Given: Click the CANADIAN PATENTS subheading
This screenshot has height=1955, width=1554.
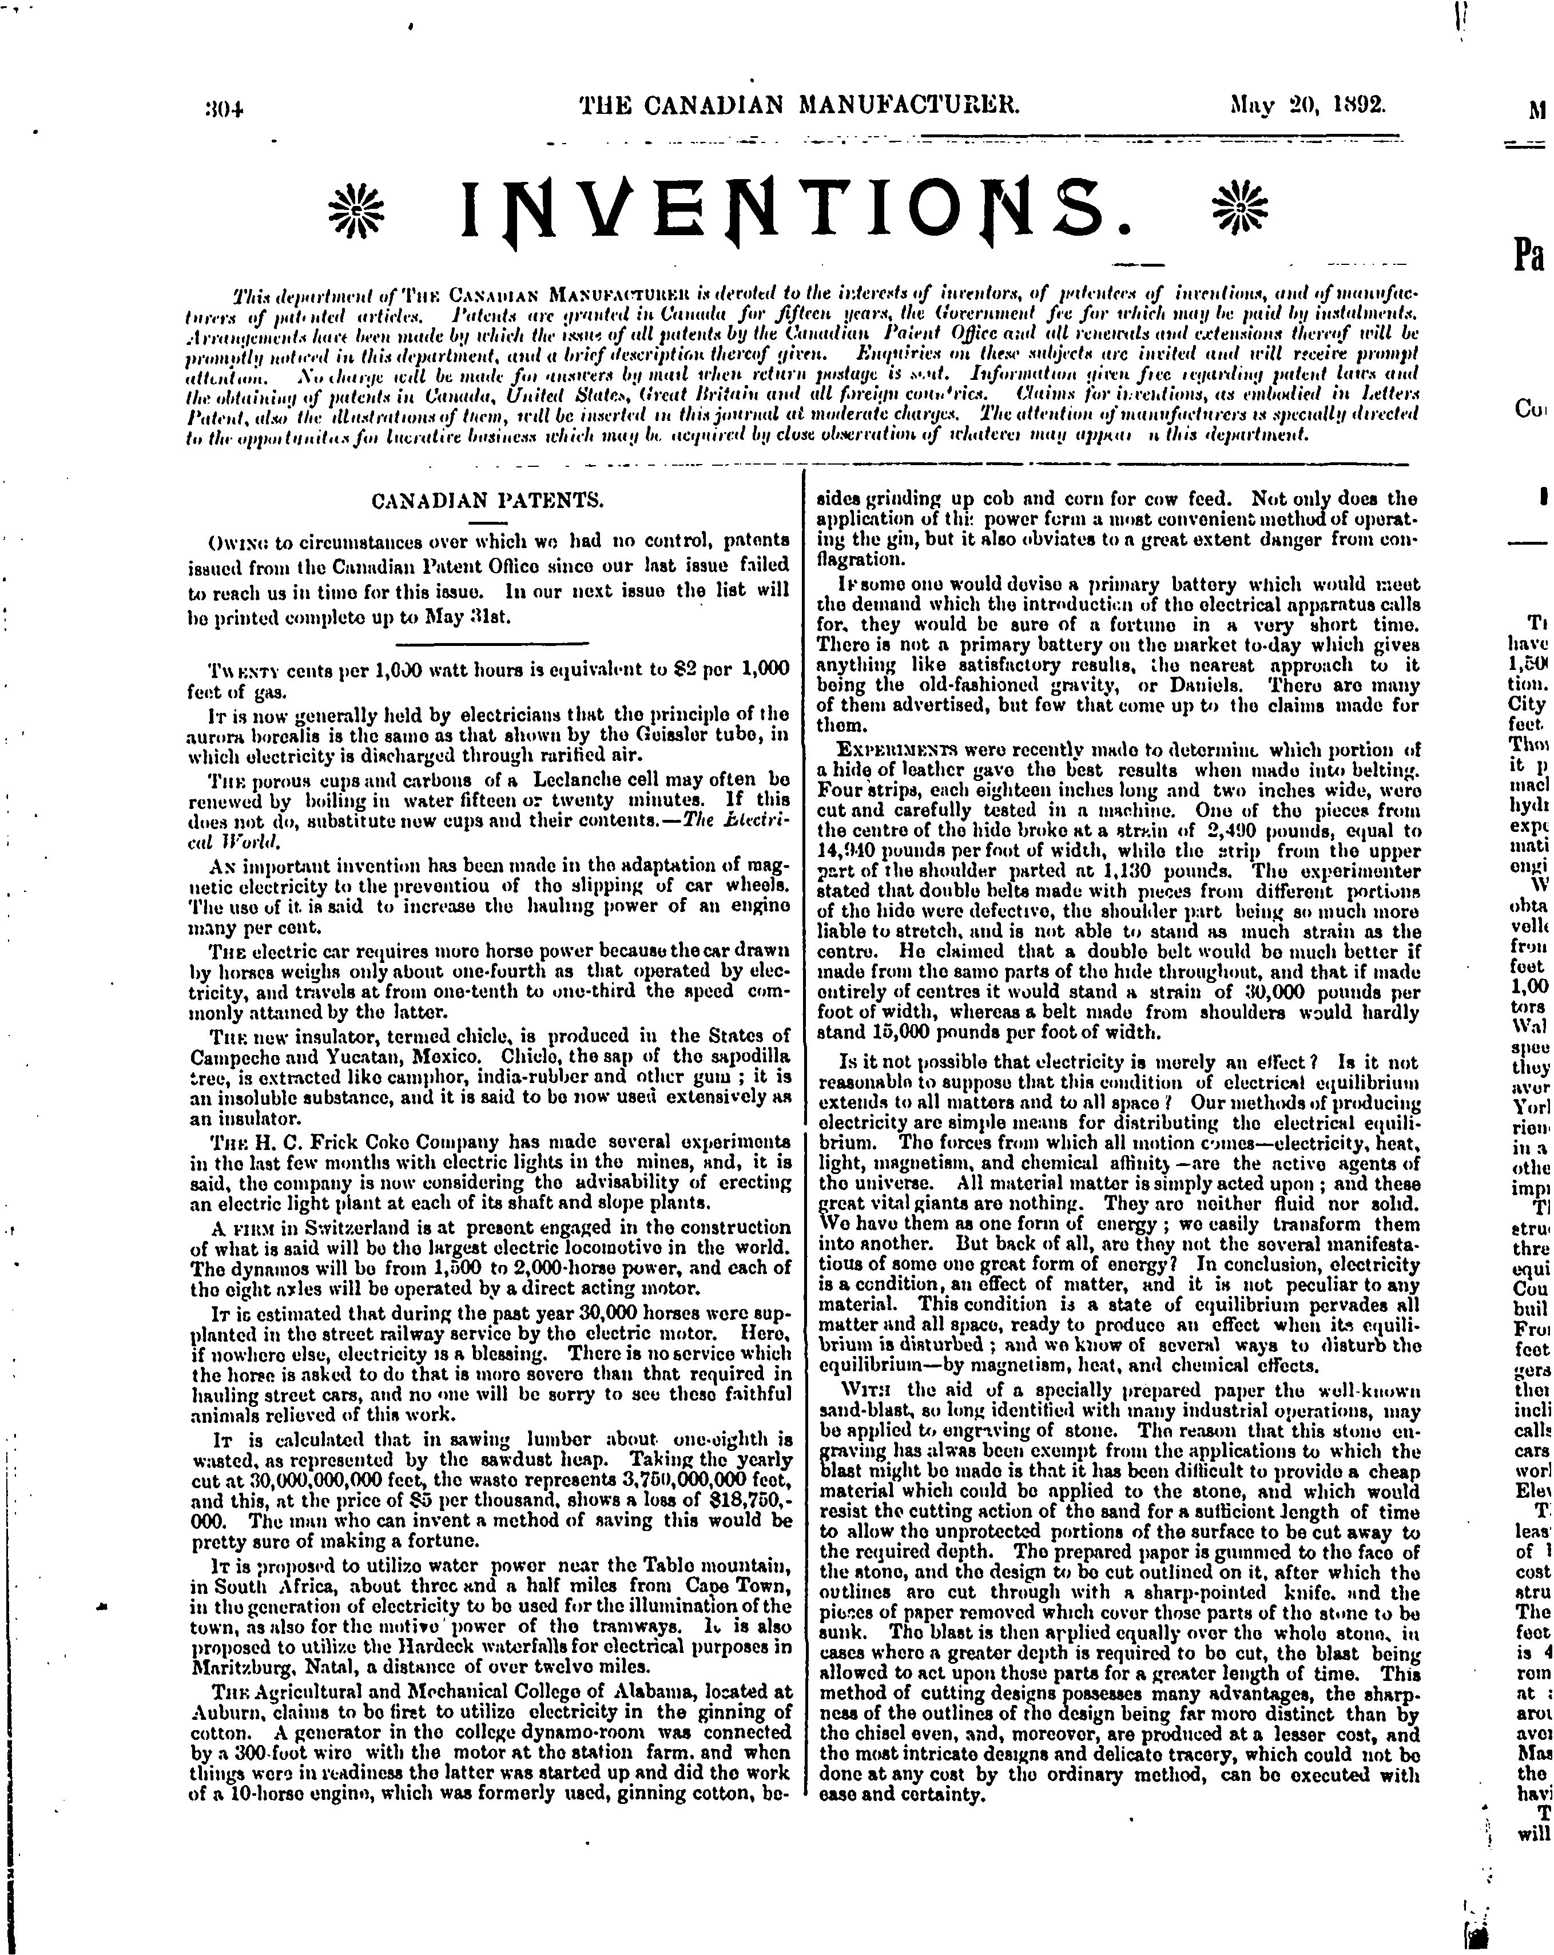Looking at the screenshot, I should click(x=488, y=501).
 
